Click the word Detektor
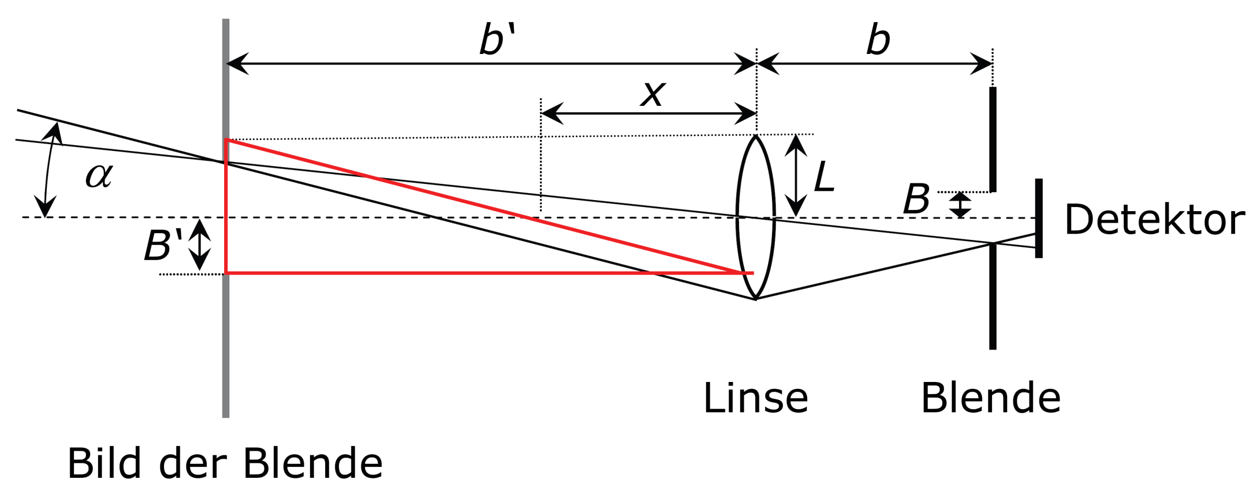[x=1154, y=220]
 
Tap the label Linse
[x=755, y=399]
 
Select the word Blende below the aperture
[x=990, y=399]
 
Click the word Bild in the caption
[x=104, y=464]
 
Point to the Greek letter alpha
[x=99, y=176]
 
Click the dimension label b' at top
[x=497, y=40]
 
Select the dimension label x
[x=653, y=94]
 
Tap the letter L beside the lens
[x=824, y=177]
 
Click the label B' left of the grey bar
[x=162, y=245]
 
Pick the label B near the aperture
[x=916, y=200]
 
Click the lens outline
[x=737, y=217]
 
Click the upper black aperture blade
[x=993, y=139]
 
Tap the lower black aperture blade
[x=993, y=296]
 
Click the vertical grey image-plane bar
[x=226, y=341]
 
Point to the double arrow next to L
[x=796, y=176]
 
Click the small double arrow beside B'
[x=200, y=245]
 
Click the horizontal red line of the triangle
[x=471, y=273]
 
